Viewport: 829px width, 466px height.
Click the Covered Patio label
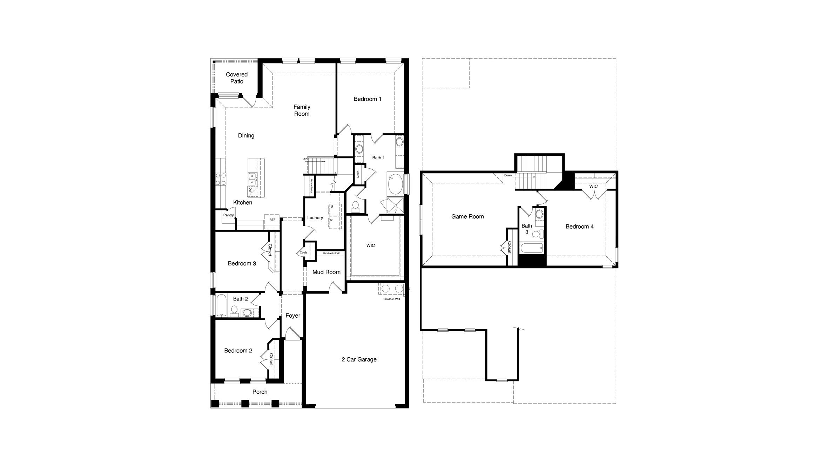(x=237, y=78)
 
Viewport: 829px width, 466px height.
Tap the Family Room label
(x=302, y=110)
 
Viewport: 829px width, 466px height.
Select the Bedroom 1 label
(x=367, y=99)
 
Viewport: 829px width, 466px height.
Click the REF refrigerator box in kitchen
(x=272, y=220)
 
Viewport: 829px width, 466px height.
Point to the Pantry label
(x=228, y=215)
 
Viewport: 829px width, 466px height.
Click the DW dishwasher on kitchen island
(x=250, y=190)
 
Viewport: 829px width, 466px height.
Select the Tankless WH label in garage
(x=391, y=299)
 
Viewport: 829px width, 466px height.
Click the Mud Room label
(x=326, y=272)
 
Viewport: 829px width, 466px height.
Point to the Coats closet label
(x=303, y=252)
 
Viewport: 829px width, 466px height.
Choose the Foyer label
(x=292, y=316)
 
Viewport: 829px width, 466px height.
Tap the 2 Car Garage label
(x=359, y=359)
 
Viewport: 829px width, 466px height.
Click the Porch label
(x=260, y=392)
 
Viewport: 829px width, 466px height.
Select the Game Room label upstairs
(x=467, y=217)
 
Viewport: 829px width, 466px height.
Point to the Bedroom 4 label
(x=579, y=227)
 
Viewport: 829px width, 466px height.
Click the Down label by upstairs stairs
(x=508, y=175)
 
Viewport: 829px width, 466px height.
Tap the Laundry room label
(x=315, y=218)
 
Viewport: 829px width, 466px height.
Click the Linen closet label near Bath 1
(x=358, y=174)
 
